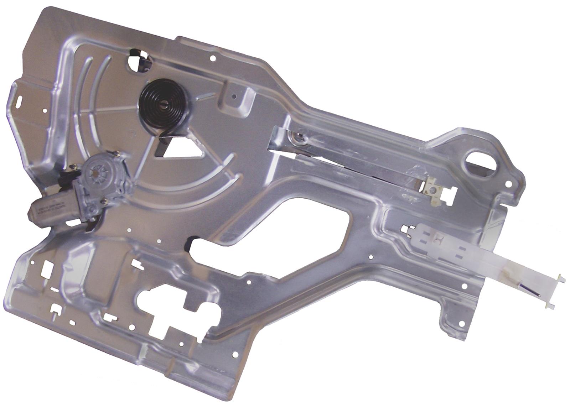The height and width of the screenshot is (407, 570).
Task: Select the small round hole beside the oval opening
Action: [x=509, y=184]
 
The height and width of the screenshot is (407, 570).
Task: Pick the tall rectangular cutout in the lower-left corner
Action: [x=46, y=269]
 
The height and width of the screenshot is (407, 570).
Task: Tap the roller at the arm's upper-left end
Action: [x=299, y=137]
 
